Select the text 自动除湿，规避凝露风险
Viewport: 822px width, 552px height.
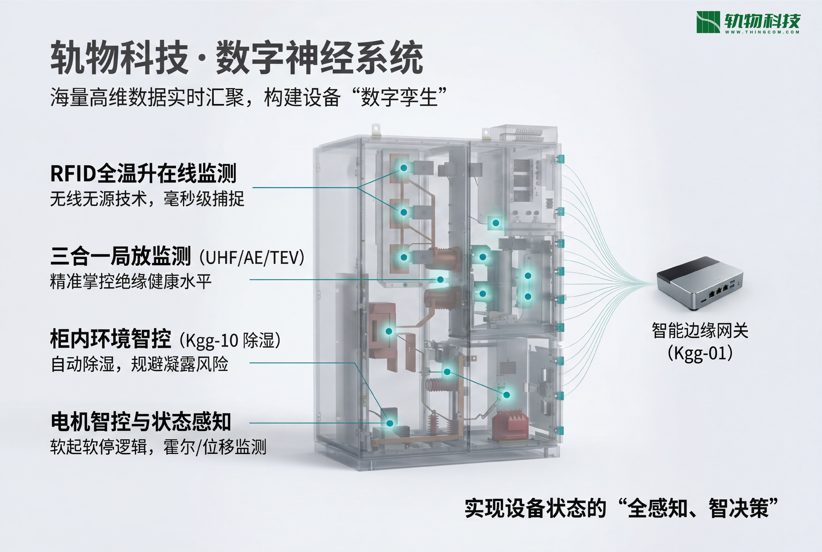[x=139, y=364]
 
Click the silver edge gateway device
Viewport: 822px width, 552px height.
[x=700, y=283]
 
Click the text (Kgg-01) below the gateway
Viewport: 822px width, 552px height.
[x=700, y=353]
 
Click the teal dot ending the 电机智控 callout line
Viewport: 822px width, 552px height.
[x=390, y=423]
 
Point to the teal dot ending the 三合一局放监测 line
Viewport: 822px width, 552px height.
[x=440, y=280]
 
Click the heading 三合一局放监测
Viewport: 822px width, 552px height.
[x=121, y=256]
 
